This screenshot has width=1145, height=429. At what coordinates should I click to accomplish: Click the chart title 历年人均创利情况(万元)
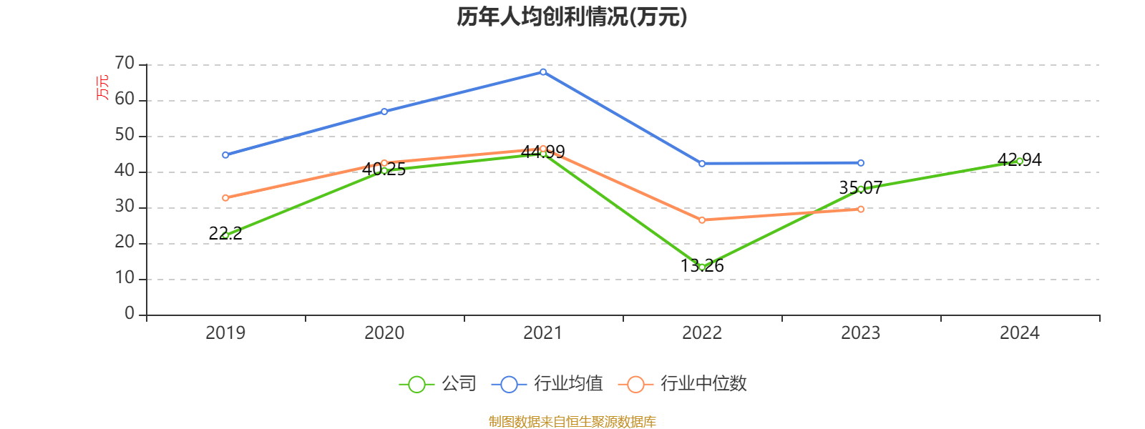pyautogui.click(x=572, y=16)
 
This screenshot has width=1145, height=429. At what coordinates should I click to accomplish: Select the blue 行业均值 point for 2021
pyautogui.click(x=543, y=71)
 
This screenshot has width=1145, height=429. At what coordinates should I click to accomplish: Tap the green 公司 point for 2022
pyautogui.click(x=702, y=267)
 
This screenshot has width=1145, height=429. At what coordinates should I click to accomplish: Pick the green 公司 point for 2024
pyautogui.click(x=1020, y=161)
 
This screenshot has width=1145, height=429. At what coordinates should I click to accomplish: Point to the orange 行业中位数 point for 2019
pyautogui.click(x=225, y=197)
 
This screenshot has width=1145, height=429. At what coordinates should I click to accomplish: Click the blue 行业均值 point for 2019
pyautogui.click(x=225, y=154)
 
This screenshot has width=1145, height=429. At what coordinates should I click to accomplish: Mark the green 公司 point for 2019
pyautogui.click(x=225, y=235)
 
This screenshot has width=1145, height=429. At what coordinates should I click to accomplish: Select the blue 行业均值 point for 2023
pyautogui.click(x=861, y=163)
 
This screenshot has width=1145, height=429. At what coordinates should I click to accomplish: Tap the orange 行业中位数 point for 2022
pyautogui.click(x=702, y=220)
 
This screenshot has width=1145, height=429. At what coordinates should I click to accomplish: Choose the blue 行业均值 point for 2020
pyautogui.click(x=384, y=112)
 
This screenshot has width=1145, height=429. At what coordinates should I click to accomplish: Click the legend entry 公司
pyautogui.click(x=437, y=384)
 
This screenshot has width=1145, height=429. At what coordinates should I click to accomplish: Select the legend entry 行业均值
pyautogui.click(x=547, y=384)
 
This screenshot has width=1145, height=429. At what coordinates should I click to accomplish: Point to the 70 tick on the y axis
pyautogui.click(x=125, y=64)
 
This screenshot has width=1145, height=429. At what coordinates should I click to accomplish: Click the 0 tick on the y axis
pyautogui.click(x=130, y=314)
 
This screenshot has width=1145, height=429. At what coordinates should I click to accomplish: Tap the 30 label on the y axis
pyautogui.click(x=125, y=207)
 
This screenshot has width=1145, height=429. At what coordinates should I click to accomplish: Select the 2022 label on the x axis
pyautogui.click(x=702, y=332)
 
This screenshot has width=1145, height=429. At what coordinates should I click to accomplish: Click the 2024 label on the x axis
pyautogui.click(x=1020, y=332)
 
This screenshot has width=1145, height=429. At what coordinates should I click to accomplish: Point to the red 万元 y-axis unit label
pyautogui.click(x=103, y=87)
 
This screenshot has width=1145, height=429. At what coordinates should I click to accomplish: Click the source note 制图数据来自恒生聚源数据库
pyautogui.click(x=572, y=422)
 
